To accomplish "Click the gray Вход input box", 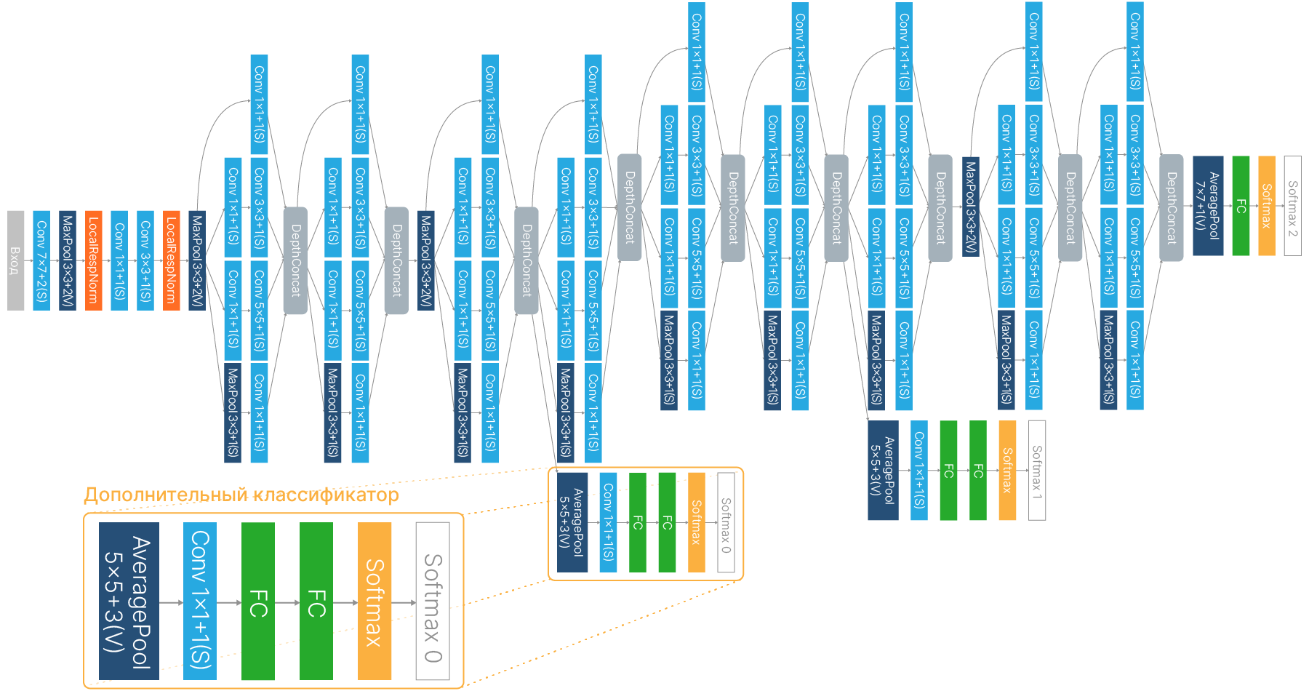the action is (x=15, y=260).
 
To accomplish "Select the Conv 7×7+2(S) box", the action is (x=41, y=260).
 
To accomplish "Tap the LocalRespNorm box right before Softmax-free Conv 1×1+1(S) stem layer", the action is (x=93, y=260).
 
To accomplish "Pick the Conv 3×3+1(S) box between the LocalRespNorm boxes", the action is (x=145, y=260).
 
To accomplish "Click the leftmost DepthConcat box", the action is (x=295, y=260).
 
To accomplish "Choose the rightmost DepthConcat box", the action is (x=1171, y=208).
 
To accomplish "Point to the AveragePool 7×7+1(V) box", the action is (x=1208, y=206).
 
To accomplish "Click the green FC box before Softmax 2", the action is (x=1241, y=206).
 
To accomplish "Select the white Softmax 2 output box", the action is (x=1292, y=206).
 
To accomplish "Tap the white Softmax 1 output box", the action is (x=1037, y=470).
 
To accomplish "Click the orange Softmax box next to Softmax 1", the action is (x=1007, y=470).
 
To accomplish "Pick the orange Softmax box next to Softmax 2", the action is (x=1267, y=206).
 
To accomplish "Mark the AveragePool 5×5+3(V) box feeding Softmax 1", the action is (x=883, y=470).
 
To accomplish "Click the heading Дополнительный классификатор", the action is (x=241, y=495).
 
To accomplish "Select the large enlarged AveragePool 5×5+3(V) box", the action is (x=129, y=601).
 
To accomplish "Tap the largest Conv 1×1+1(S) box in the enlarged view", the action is (x=200, y=601).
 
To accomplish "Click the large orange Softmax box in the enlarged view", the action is (x=375, y=601).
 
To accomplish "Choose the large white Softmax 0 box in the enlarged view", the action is (x=433, y=601).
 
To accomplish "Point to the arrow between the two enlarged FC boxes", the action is (x=287, y=602).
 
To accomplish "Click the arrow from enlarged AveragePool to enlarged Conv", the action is (x=171, y=602).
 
